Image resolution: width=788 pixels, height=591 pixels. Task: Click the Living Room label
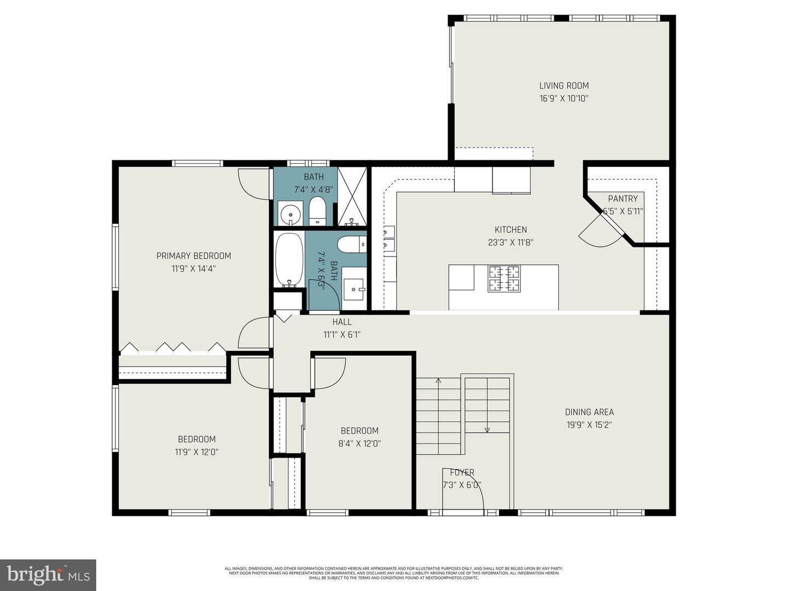pos(564,85)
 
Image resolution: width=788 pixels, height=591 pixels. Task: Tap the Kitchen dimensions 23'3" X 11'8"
pos(511,242)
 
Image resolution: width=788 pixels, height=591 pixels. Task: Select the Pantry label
pos(623,199)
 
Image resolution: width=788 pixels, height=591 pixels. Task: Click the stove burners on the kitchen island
pos(503,278)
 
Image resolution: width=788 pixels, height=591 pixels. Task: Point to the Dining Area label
pos(589,412)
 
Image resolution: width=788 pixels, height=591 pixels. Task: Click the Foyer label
pos(462,472)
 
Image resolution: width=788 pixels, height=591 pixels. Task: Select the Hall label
pos(342,322)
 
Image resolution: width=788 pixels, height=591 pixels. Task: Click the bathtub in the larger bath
pos(288,259)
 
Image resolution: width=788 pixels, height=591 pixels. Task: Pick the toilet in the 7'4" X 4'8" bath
pos(317,211)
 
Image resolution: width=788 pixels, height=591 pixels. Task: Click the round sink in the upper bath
pos(290,213)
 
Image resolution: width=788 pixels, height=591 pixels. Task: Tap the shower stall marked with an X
pos(352,196)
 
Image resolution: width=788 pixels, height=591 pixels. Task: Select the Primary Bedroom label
pos(194,256)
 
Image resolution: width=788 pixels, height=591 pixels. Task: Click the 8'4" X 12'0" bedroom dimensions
pos(360,444)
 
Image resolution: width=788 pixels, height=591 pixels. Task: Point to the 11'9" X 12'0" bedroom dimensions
pos(196,452)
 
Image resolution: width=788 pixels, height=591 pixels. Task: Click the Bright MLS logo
pos(48,575)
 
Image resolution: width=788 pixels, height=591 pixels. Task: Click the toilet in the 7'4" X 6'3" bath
pos(351,244)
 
